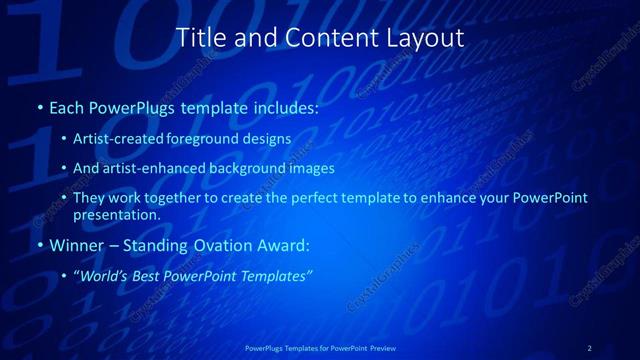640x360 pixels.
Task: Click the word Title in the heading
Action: click(x=198, y=39)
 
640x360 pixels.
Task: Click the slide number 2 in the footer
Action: click(x=590, y=347)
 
